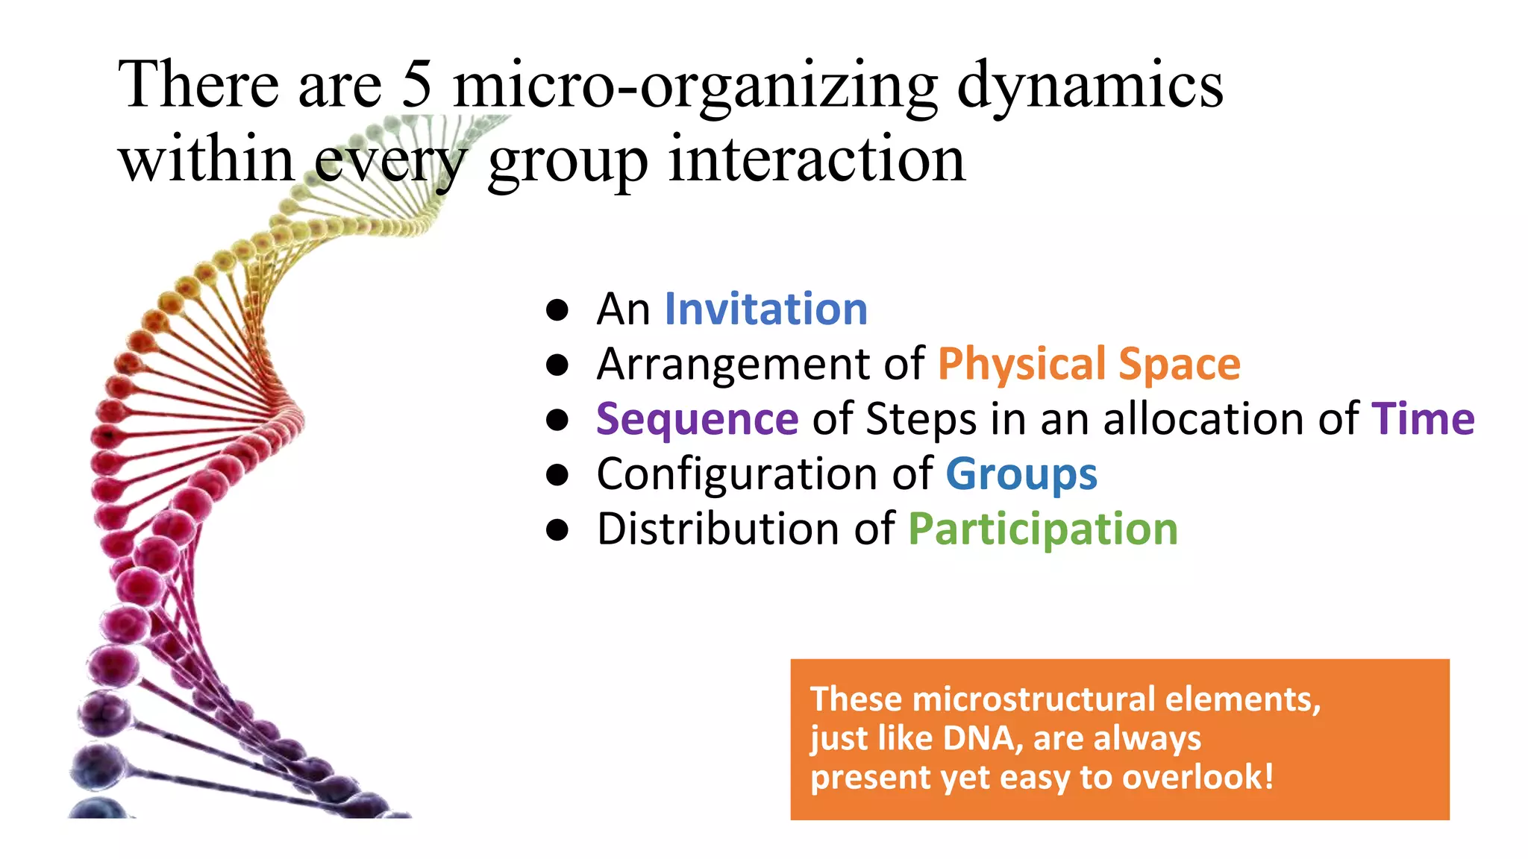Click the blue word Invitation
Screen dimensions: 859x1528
765,309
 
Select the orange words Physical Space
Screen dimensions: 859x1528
1089,364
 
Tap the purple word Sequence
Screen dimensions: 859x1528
697,419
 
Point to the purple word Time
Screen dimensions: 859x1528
1423,419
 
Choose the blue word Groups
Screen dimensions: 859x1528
1021,474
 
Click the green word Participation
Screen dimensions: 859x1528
1042,529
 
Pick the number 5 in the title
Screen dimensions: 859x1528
416,84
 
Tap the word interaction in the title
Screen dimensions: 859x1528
816,160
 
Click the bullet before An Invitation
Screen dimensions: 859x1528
557,309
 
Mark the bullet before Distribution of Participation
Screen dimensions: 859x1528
557,529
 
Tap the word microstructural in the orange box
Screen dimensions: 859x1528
1035,699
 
